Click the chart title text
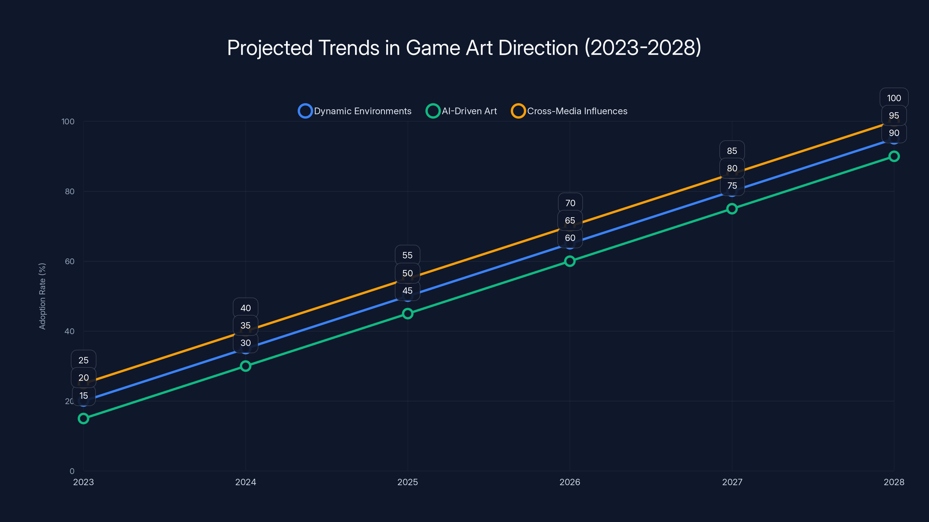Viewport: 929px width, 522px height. (464, 48)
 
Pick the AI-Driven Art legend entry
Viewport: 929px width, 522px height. (461, 111)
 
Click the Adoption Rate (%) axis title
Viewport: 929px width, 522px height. (42, 296)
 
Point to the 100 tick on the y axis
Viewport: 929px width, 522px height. (68, 122)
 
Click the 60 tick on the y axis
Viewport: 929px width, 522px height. (69, 261)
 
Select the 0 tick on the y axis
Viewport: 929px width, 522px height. (72, 471)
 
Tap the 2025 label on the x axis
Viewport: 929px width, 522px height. (408, 482)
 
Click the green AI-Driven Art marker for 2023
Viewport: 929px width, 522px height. (83, 418)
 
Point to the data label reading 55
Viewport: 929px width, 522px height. (408, 255)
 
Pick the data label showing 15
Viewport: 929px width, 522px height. (84, 396)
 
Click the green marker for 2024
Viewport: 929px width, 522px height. (246, 366)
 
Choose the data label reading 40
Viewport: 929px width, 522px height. (246, 308)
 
